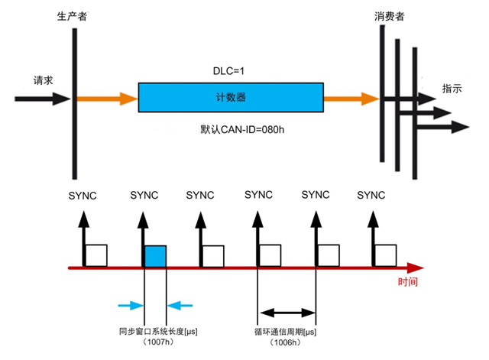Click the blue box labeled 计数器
[x=230, y=98]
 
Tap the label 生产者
[x=72, y=15]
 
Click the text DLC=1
[x=228, y=70]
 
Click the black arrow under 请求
[x=43, y=99]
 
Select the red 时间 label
[x=407, y=283]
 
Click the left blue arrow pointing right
[x=131, y=306]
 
